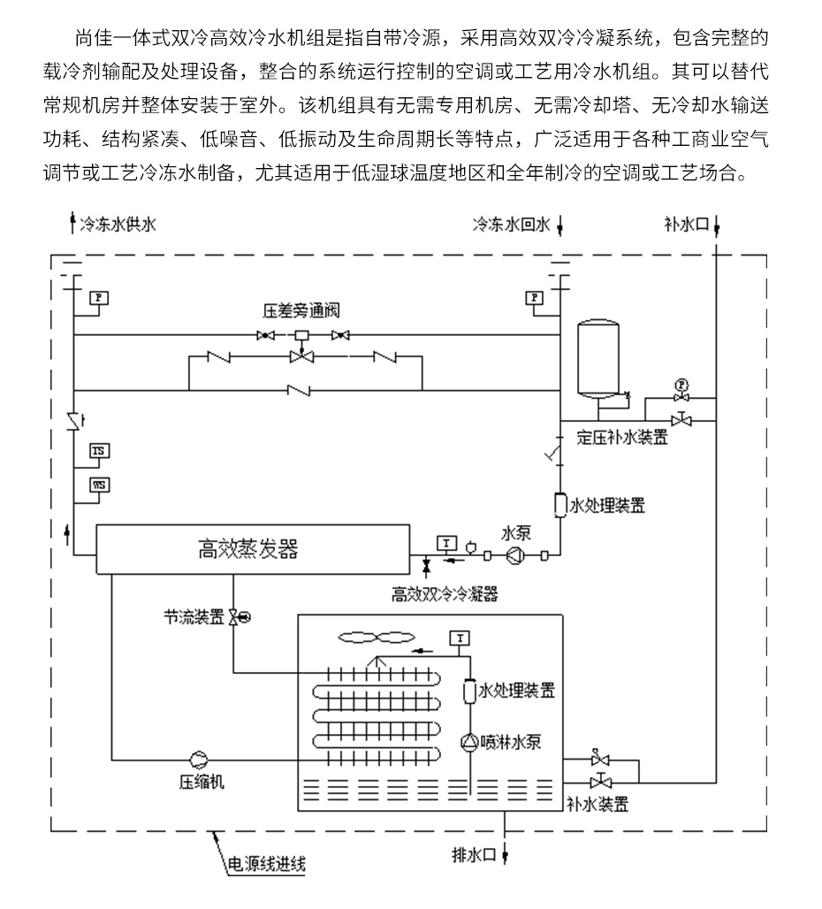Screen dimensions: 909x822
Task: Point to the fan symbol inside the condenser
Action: point(377,636)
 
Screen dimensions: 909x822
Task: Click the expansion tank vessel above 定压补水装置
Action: point(600,358)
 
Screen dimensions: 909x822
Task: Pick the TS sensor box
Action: point(99,452)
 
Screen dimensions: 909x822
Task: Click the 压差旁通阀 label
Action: point(301,311)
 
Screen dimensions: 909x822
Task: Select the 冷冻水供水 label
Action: point(118,225)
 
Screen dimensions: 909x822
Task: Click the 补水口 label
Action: point(686,225)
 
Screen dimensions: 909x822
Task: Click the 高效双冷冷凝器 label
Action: point(445,595)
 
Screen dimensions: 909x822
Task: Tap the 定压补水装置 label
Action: point(622,437)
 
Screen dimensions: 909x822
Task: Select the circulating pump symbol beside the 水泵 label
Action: point(514,555)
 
